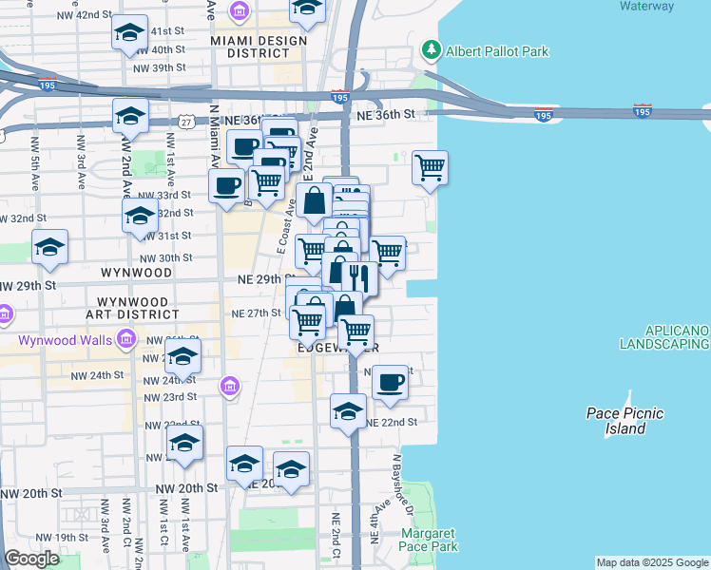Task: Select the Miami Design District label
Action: tap(259, 47)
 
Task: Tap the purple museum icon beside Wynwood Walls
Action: tap(125, 339)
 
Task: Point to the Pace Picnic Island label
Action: tap(625, 420)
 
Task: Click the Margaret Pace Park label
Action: tap(430, 540)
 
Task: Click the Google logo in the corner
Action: tap(31, 559)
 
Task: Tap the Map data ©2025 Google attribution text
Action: tap(652, 562)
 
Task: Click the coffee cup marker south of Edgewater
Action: tap(390, 382)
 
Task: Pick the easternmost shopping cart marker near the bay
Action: tap(431, 167)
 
